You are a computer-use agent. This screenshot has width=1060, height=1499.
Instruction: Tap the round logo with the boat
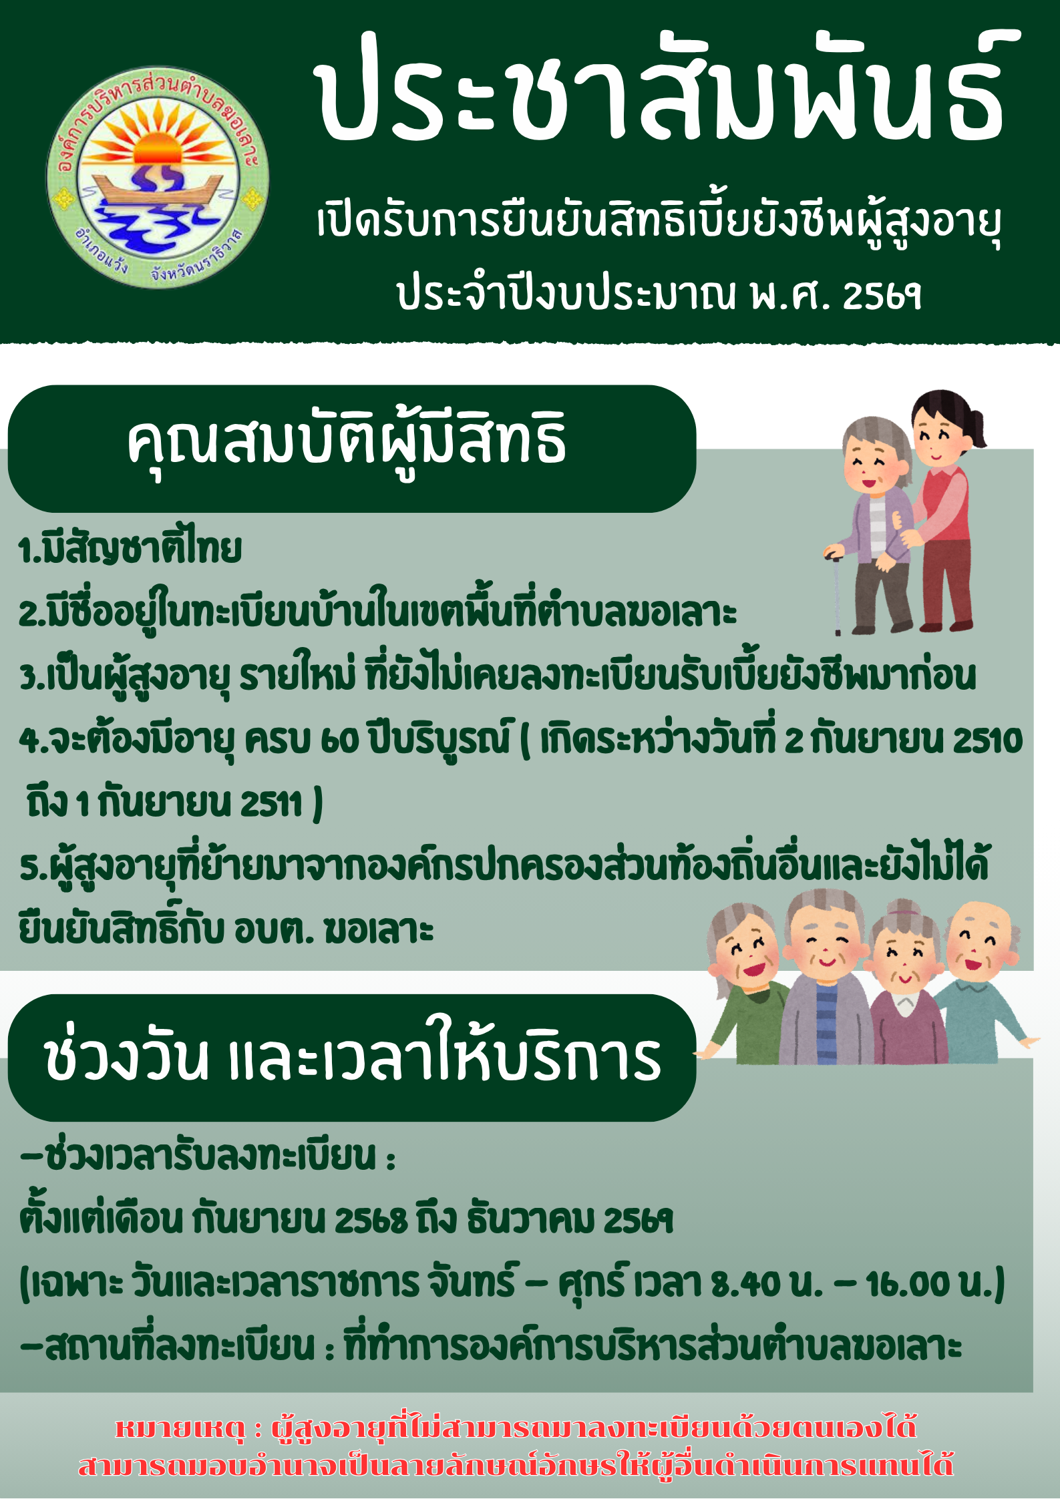158,177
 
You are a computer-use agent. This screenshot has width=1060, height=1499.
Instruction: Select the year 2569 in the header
882,295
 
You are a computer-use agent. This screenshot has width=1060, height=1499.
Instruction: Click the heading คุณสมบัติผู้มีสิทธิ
347,441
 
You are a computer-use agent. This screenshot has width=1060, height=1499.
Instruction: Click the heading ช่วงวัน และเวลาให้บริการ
353,1059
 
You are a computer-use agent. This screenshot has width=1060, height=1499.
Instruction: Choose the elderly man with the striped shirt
826,978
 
